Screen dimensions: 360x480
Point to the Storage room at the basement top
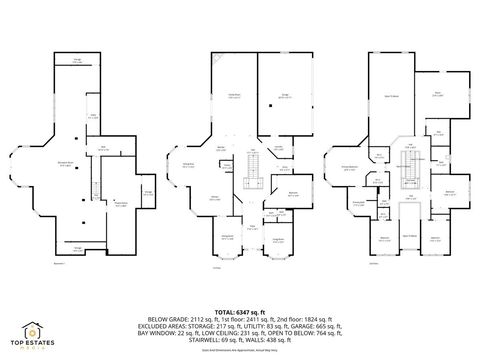tap(77, 62)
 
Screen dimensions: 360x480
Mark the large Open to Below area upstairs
tap(391, 97)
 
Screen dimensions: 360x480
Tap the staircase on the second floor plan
tap(409, 177)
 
